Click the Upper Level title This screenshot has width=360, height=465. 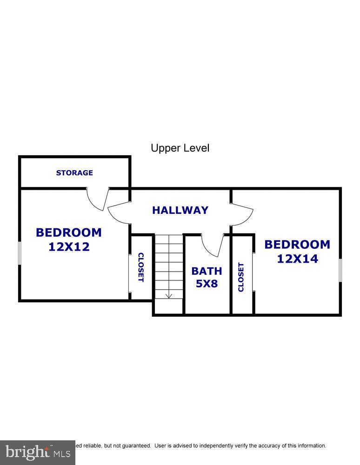[180, 148]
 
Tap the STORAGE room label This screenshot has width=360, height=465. [74, 173]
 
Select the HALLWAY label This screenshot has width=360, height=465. [180, 210]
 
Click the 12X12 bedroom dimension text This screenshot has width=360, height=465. [69, 246]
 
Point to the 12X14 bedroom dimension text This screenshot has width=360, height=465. [298, 259]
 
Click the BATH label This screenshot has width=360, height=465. [207, 271]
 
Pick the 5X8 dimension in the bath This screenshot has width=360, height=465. [207, 283]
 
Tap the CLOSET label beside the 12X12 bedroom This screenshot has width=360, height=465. [140, 267]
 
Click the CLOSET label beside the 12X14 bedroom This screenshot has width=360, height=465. [241, 277]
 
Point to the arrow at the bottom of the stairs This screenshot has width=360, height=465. [169, 295]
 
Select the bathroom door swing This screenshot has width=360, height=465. [213, 246]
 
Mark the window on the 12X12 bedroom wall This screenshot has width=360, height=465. [20, 253]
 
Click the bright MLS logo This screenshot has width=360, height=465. [37, 452]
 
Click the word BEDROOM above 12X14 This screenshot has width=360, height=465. [298, 245]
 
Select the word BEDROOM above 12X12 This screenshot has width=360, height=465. [69, 232]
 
